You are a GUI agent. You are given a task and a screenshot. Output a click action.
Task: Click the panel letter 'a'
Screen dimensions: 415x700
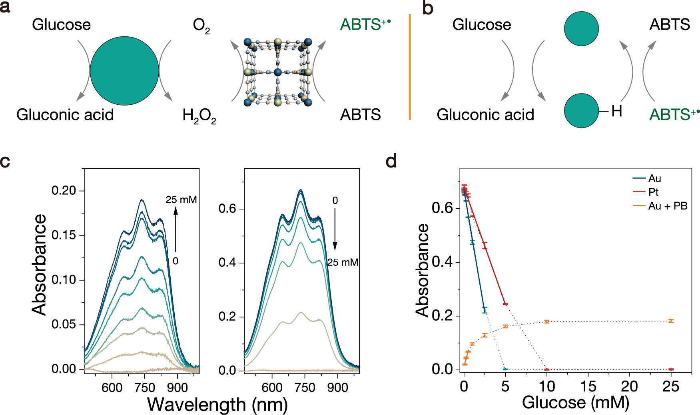pos(5,7)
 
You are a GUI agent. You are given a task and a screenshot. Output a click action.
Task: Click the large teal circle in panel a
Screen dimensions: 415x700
pos(124,71)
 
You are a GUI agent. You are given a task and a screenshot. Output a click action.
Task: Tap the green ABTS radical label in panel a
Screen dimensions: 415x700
pos(365,25)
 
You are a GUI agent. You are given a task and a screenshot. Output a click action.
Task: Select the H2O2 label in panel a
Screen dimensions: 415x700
pos(199,116)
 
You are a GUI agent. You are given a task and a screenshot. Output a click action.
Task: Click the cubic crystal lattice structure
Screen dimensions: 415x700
pos(278,72)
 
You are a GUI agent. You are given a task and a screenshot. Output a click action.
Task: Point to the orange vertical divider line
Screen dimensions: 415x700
pos(410,67)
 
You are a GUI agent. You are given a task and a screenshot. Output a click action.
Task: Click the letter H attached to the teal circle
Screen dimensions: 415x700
pos(616,111)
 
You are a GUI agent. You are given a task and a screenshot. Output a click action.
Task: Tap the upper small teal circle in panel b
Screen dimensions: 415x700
pos(581,29)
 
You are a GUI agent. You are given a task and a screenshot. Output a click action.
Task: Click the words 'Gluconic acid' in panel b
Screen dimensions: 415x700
pos(485,115)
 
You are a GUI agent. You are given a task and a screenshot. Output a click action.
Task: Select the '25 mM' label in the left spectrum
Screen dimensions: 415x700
pos(181,200)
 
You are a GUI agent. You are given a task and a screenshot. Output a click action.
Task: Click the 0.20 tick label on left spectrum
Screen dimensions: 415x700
pos(64,190)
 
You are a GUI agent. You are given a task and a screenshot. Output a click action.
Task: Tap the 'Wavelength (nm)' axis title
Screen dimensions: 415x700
pos(217,404)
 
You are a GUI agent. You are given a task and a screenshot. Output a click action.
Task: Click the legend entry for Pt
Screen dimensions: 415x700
pos(653,192)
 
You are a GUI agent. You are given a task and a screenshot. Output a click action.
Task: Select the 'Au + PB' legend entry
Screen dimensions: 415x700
pos(668,206)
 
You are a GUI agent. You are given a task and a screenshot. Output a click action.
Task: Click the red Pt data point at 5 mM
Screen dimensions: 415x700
pos(505,304)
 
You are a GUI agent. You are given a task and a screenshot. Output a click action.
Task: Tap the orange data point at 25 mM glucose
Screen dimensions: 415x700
pos(671,321)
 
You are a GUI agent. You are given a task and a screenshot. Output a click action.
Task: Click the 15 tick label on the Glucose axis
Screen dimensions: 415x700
pos(588,386)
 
